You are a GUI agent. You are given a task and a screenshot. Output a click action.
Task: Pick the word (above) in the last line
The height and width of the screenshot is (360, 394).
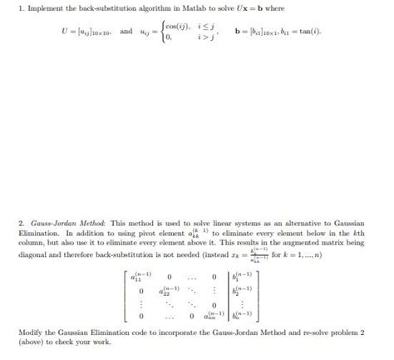[x=32, y=342]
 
